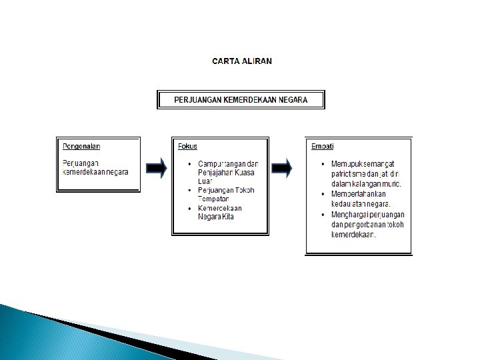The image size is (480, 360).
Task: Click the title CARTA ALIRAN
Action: point(241,61)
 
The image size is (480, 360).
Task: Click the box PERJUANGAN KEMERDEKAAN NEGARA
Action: point(241,100)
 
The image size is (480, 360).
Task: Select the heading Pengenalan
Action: point(81,146)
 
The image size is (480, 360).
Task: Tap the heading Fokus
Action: point(187,146)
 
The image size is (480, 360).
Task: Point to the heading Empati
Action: point(323,146)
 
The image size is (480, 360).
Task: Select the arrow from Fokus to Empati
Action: point(284,168)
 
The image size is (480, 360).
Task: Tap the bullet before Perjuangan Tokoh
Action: point(190,191)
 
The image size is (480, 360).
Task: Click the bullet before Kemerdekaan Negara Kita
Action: point(190,209)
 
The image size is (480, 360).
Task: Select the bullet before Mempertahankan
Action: point(323,195)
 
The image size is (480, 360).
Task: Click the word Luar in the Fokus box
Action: point(206,181)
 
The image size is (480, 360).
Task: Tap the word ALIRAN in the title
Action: point(257,61)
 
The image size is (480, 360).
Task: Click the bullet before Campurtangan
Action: point(190,164)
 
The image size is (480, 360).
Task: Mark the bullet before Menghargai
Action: point(323,215)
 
